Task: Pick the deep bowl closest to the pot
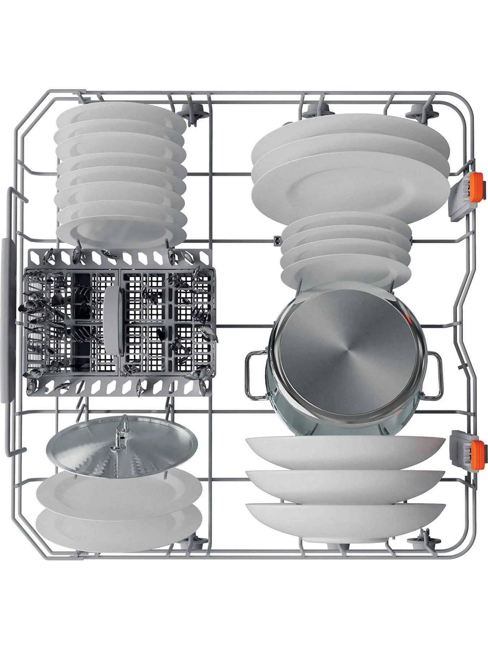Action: [345, 451]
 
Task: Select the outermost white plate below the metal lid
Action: [119, 531]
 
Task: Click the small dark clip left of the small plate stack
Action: [277, 239]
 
